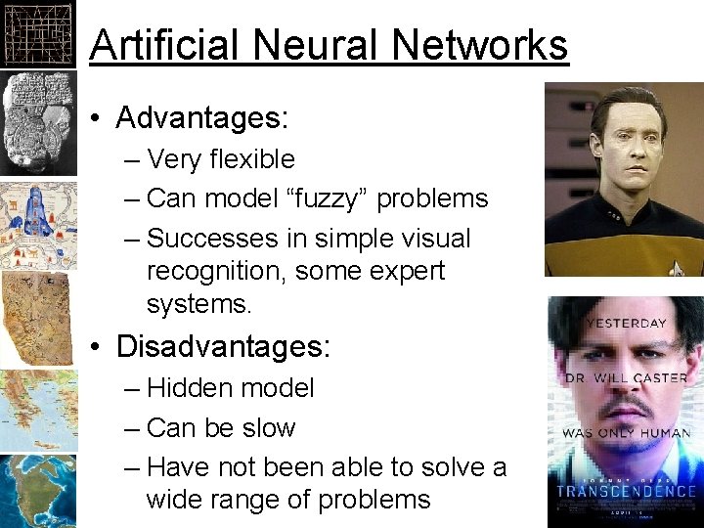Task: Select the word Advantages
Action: coord(199,118)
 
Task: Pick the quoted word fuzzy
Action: coord(324,198)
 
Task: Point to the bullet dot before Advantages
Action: coord(100,119)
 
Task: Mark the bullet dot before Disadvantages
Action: coord(100,347)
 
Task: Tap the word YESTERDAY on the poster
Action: coord(626,323)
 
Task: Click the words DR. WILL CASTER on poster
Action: coord(626,377)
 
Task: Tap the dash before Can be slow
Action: coord(133,428)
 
